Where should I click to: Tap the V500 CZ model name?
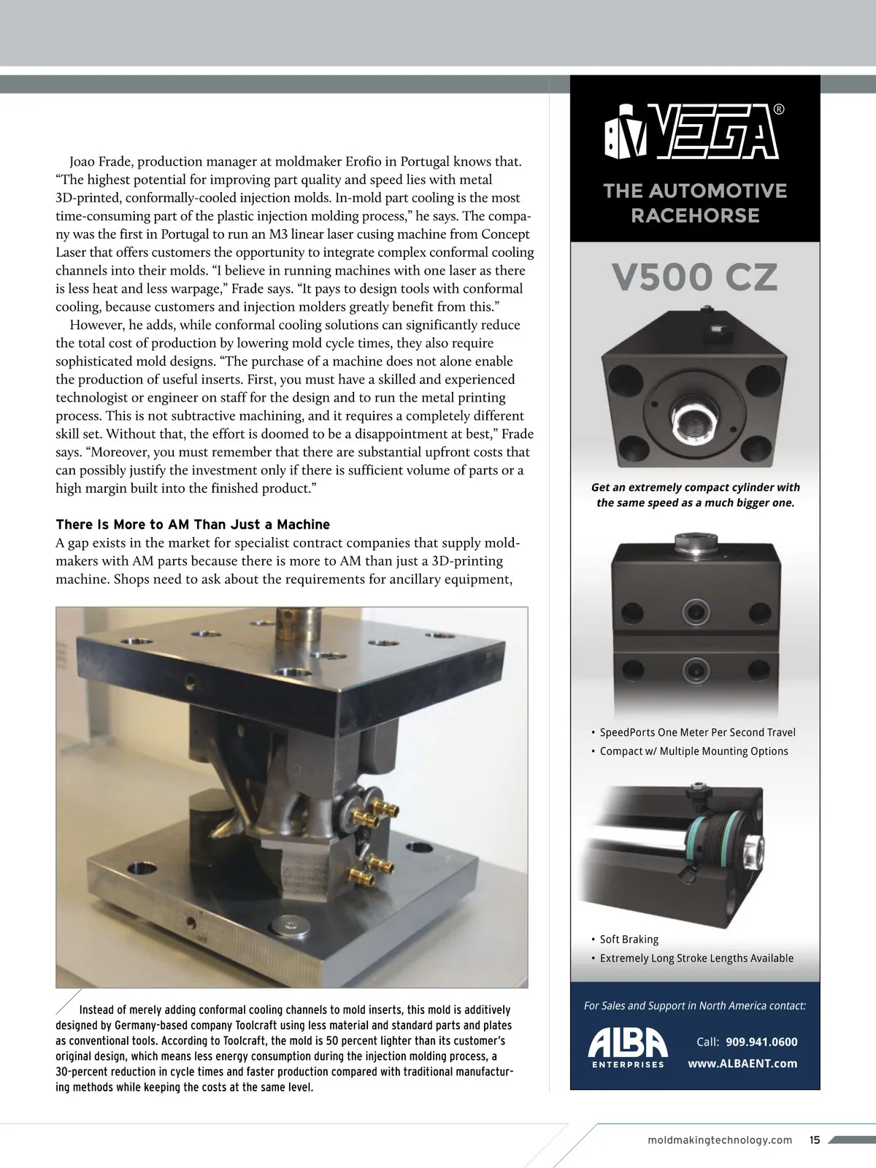click(694, 277)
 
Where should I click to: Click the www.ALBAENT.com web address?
click(742, 1064)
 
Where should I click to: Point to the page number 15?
click(815, 1140)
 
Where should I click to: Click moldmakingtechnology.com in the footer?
click(719, 1140)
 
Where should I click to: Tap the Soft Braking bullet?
click(629, 940)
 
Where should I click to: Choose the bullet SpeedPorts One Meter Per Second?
click(697, 732)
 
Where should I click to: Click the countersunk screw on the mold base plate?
click(292, 926)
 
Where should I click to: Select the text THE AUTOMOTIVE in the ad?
click(695, 191)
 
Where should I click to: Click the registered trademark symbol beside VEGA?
click(779, 110)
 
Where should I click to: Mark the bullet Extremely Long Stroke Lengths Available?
click(696, 958)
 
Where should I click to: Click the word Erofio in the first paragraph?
click(383, 161)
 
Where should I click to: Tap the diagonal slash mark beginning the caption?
click(68, 1002)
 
